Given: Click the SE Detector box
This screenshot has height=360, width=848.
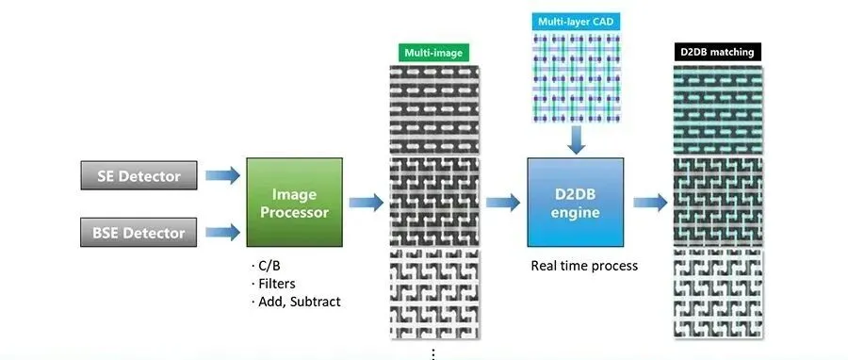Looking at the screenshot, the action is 139,175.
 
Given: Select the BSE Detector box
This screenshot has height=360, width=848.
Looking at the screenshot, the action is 139,233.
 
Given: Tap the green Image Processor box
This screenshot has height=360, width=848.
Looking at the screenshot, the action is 294,203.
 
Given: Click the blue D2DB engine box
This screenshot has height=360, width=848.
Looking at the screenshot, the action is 576,203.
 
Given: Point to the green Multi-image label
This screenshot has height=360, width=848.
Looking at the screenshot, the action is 433,53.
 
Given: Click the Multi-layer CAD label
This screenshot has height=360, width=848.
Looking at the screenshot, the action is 576,22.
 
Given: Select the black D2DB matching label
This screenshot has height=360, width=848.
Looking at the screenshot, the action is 718,52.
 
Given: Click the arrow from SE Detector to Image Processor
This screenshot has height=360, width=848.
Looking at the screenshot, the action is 222,175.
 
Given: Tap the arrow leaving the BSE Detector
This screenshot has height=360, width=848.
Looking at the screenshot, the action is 222,233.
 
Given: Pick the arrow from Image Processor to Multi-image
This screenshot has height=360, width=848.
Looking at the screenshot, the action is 367,203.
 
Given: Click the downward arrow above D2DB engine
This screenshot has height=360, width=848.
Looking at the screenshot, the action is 576,139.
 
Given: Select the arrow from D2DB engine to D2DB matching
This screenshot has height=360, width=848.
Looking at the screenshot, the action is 650,203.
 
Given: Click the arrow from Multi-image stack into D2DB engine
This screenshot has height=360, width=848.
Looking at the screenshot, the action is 503,203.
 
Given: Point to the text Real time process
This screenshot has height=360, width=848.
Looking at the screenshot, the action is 584,266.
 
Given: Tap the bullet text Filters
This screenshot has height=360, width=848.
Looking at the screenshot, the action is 273,284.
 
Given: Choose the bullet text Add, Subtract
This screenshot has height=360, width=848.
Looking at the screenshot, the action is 296,302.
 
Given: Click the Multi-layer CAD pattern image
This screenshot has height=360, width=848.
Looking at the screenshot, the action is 576,78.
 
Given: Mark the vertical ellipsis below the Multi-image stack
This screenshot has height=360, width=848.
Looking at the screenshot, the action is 433,354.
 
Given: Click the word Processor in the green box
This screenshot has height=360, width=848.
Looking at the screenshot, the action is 294,212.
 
